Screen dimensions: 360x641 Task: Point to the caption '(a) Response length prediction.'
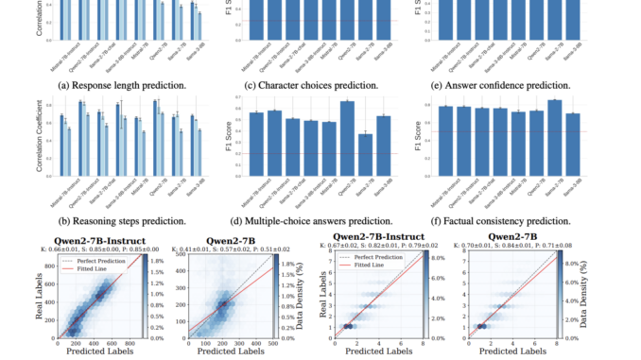point(120,85)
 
